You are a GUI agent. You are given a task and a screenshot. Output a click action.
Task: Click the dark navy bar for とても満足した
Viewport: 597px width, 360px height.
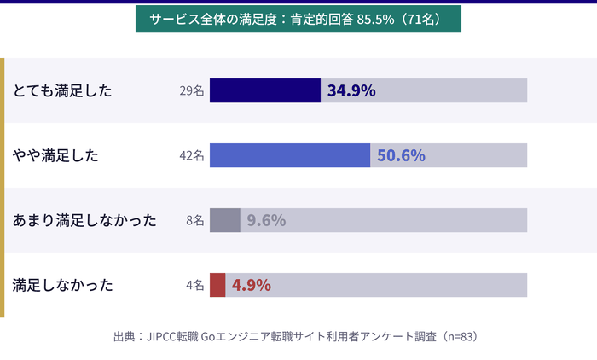(264, 90)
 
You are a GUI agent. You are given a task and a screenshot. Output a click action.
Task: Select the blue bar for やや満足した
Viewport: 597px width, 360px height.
(289, 155)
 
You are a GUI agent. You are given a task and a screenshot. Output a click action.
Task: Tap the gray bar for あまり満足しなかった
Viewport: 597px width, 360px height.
(224, 220)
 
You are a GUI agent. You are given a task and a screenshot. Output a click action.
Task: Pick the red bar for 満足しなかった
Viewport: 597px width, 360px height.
(217, 285)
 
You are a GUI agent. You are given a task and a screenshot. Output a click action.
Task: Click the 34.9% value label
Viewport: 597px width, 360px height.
(351, 90)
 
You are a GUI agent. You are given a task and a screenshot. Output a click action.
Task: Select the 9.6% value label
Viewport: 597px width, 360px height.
(266, 220)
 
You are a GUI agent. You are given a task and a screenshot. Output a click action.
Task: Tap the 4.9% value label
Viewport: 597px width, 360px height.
(252, 285)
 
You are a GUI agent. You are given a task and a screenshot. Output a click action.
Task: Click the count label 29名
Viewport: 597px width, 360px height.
(192, 90)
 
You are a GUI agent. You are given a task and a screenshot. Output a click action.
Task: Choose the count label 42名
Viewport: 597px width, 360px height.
(192, 155)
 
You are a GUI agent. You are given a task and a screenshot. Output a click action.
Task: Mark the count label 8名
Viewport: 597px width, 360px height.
(195, 220)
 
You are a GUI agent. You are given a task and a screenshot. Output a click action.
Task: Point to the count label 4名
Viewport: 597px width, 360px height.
(195, 285)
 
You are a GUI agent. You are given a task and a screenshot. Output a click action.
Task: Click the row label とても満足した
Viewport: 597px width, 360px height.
(62, 90)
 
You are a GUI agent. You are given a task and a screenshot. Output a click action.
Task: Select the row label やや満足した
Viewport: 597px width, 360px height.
(56, 155)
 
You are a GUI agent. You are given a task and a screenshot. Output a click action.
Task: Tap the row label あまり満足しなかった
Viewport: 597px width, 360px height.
(84, 220)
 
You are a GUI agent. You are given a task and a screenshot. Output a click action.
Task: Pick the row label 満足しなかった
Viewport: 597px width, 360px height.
(62, 285)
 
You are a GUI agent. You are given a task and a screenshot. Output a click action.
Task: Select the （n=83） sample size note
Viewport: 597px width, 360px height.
(457, 336)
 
